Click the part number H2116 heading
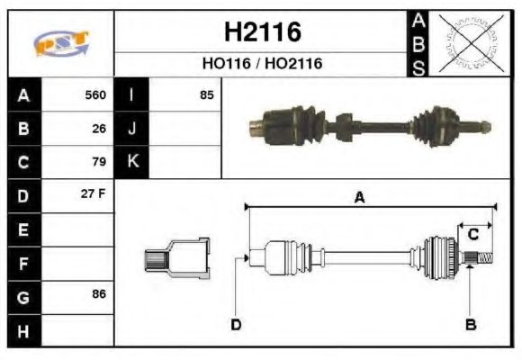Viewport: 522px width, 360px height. (261, 33)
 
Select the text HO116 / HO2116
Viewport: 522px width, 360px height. (261, 64)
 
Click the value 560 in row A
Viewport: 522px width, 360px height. (95, 95)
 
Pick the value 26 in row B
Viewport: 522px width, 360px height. (99, 129)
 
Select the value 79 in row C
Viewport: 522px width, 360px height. (99, 162)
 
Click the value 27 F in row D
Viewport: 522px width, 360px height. (94, 195)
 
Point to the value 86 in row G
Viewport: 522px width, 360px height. (99, 294)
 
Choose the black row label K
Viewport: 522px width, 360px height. (131, 162)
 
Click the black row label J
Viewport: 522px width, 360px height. (131, 129)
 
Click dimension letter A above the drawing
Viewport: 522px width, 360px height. (359, 198)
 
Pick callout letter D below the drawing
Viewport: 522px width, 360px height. (236, 325)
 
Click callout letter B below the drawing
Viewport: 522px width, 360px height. (470, 325)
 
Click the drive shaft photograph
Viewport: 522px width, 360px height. (369, 125)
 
